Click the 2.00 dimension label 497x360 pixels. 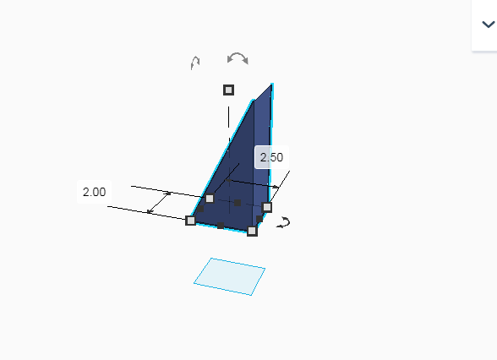(94, 192)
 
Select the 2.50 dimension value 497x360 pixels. (271, 157)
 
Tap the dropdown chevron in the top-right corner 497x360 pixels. (488, 25)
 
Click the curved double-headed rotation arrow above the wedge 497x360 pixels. (238, 58)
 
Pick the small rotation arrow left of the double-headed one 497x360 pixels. (195, 63)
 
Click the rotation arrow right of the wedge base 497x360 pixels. (285, 222)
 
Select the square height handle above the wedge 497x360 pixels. (228, 90)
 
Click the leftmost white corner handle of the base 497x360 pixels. (190, 221)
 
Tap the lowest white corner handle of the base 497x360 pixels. (252, 231)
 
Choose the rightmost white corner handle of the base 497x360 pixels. (267, 207)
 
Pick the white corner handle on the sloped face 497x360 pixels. (210, 199)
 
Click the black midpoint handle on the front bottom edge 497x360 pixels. (221, 226)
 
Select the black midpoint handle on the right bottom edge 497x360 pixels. (259, 219)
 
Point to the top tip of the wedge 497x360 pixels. (271, 85)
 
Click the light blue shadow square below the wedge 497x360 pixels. (229, 276)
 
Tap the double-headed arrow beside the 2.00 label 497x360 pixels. (160, 201)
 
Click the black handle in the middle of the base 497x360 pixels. (238, 203)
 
